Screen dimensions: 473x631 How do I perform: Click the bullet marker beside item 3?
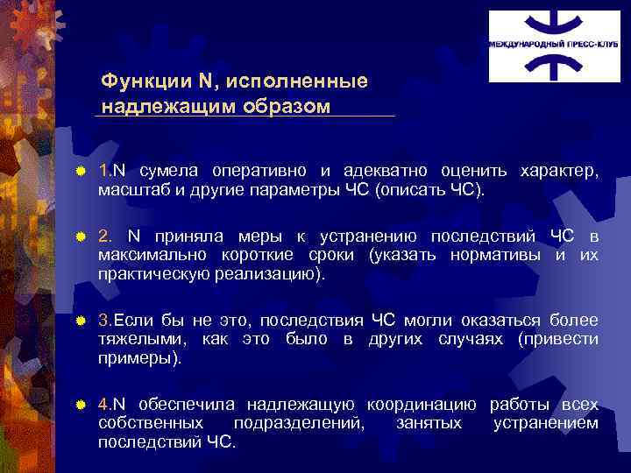tap(80, 320)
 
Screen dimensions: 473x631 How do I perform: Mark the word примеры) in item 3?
tap(140, 358)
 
